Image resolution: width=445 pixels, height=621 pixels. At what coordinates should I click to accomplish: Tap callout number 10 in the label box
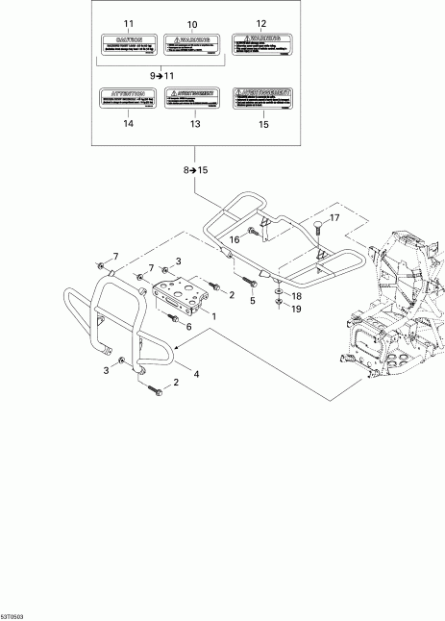click(190, 22)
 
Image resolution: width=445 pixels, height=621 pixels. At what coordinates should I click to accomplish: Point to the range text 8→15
click(195, 169)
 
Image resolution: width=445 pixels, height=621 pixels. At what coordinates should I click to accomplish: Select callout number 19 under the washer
click(297, 310)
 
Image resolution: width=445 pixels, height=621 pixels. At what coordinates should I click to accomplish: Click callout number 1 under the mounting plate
click(214, 315)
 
